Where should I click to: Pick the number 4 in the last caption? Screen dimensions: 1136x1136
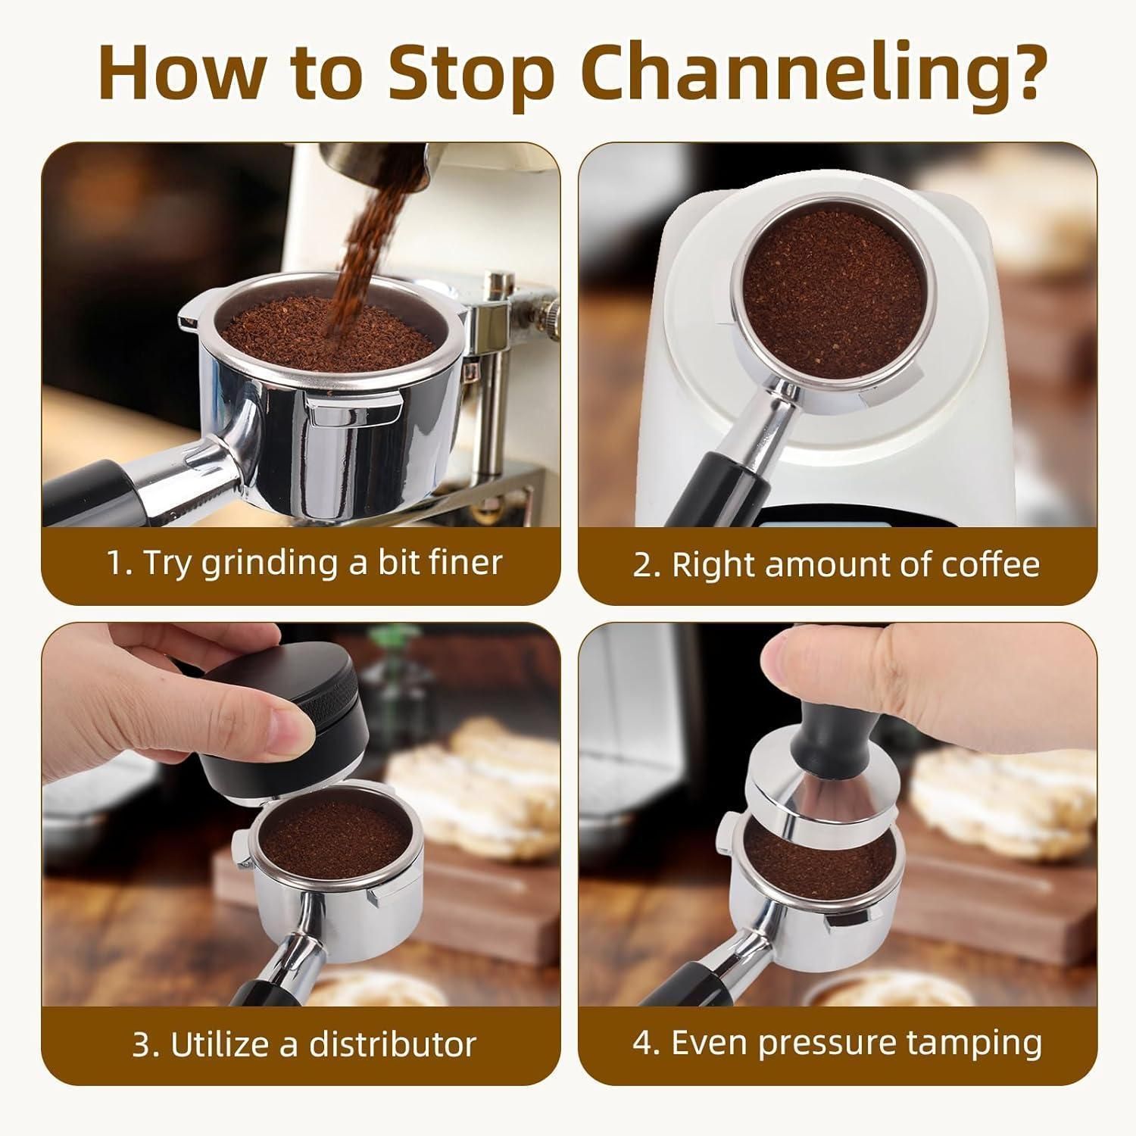643,1043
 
